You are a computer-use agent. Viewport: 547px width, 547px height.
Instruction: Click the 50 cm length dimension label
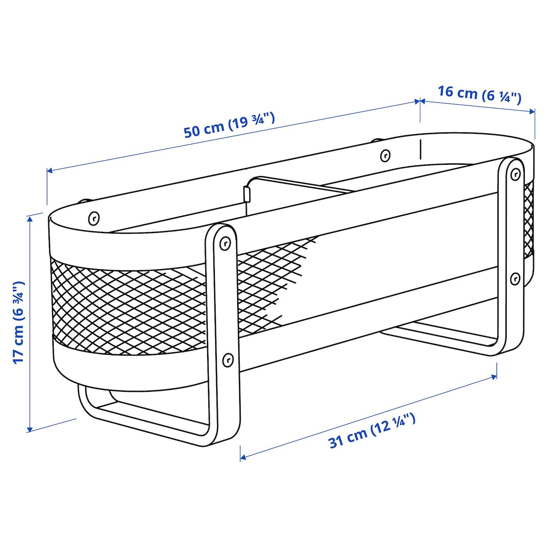(229, 125)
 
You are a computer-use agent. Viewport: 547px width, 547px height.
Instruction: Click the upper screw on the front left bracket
(225, 243)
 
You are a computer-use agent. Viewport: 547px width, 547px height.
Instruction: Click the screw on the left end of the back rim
(94, 218)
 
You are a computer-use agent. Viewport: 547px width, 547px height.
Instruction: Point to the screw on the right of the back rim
(385, 155)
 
